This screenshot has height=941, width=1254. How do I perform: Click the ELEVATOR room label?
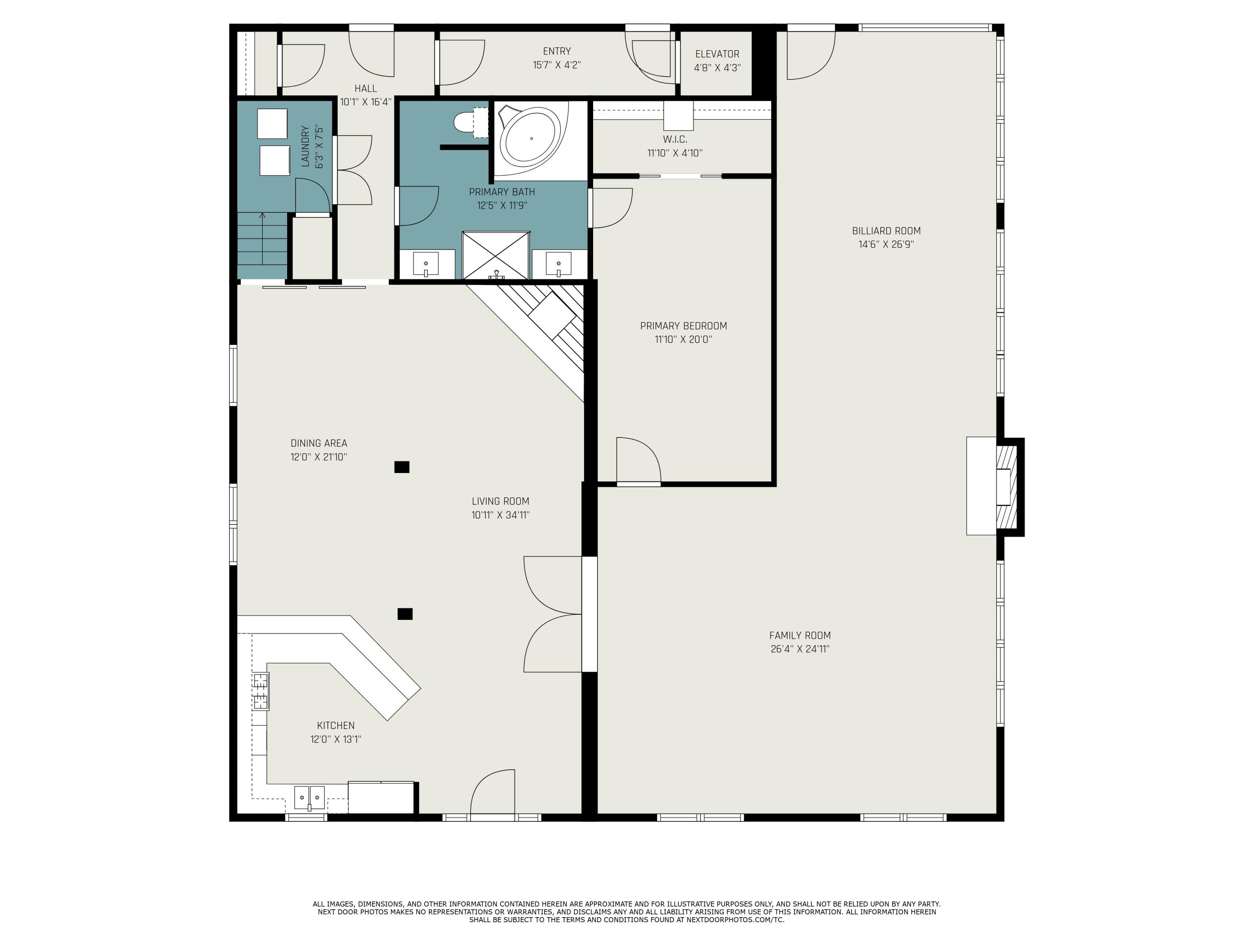click(x=717, y=54)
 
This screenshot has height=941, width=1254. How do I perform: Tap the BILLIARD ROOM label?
click(x=886, y=231)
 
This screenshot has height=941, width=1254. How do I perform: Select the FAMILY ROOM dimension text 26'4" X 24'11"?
click(x=800, y=649)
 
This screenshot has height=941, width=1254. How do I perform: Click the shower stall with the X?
click(x=496, y=255)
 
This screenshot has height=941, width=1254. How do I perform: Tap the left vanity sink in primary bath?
click(x=426, y=264)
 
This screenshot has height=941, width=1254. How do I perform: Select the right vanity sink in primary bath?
click(x=558, y=264)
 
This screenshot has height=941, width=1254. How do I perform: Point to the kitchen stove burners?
click(x=261, y=691)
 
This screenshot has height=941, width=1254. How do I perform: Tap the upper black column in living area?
click(x=402, y=467)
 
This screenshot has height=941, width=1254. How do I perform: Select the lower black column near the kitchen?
click(x=405, y=614)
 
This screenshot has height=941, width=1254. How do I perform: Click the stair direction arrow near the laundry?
click(x=262, y=238)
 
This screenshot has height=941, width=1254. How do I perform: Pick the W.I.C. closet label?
click(x=675, y=139)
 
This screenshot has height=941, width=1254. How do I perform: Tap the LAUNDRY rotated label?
click(x=305, y=146)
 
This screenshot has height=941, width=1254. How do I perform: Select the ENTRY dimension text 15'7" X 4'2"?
click(x=557, y=65)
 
